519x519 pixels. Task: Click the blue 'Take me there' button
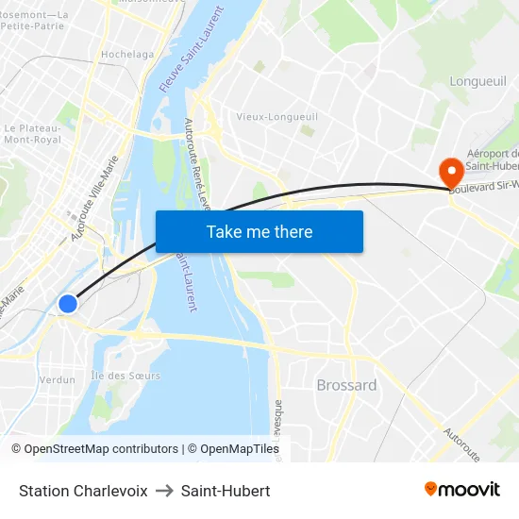[x=259, y=231]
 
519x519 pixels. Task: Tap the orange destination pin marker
[x=451, y=171]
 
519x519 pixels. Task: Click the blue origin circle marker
[x=68, y=304]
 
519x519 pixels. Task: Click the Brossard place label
[x=346, y=385]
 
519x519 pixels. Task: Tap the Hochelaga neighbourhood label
[x=127, y=55]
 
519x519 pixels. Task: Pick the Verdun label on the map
[x=58, y=379]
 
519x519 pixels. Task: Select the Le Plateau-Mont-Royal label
[x=32, y=133]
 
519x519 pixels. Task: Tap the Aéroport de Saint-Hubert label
[x=493, y=160]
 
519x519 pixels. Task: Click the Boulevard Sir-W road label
[x=485, y=189]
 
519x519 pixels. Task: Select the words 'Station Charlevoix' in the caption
[x=83, y=491]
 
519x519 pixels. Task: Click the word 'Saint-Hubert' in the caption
[x=226, y=491]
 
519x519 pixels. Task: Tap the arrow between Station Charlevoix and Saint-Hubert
[x=164, y=491]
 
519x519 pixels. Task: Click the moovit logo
[x=462, y=489]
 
